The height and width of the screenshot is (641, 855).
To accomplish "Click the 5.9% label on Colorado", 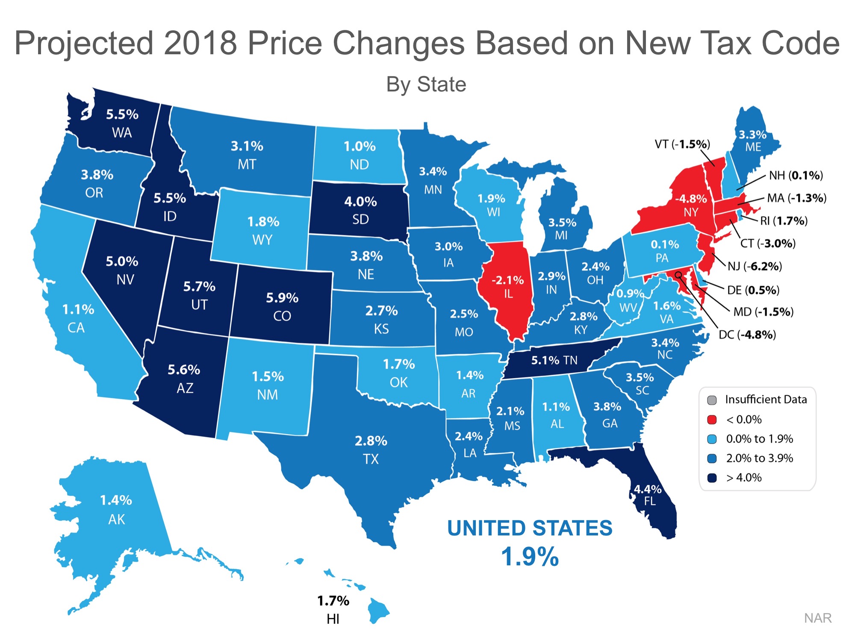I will pos(282,298).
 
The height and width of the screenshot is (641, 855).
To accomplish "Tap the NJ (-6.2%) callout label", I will pos(755,266).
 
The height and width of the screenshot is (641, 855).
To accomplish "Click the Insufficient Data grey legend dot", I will pos(712,400).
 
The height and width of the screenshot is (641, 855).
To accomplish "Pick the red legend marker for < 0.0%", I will pos(712,420).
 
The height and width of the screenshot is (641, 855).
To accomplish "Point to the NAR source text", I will pos(817,618).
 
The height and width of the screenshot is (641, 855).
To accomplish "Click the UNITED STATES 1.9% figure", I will pos(530,556).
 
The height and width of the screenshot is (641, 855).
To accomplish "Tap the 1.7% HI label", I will pos(333,601).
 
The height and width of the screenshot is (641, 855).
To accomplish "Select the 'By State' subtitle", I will pos(426,84).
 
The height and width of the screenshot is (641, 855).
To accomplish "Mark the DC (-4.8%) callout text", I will pos(747,334).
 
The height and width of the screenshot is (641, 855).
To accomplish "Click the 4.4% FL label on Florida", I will pos(647,490).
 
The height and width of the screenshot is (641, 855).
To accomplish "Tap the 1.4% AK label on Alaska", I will pos(116,500).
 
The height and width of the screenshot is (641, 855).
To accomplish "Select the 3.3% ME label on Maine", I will pos(752,135).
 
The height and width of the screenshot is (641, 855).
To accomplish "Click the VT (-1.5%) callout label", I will pos(682,144).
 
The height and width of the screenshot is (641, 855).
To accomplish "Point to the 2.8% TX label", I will pos(371,441).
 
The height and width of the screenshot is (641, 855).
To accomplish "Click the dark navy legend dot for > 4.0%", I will pos(712,478).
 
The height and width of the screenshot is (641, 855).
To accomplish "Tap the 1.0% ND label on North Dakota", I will pos(360,147).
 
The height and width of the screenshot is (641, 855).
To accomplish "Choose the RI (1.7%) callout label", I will pos(784,221).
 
